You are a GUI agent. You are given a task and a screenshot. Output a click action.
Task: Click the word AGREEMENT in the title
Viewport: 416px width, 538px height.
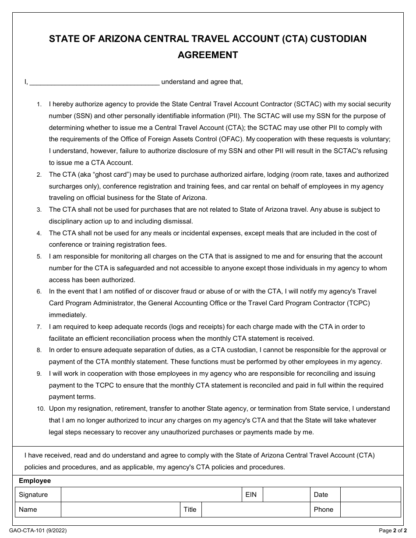point(208,55)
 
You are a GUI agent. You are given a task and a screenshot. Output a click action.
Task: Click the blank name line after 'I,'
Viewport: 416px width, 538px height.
point(95,82)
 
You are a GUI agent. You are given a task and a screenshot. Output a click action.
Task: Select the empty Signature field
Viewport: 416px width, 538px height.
point(151,495)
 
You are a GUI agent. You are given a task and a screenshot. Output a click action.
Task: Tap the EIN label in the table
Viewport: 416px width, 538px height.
point(251,495)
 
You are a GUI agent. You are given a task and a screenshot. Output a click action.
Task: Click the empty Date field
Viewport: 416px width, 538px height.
point(370,495)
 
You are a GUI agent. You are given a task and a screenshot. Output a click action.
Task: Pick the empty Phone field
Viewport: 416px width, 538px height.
point(370,510)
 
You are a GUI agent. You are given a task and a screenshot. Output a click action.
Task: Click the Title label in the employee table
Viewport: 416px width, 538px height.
point(190,510)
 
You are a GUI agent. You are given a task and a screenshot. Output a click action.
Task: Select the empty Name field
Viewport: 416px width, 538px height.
point(120,510)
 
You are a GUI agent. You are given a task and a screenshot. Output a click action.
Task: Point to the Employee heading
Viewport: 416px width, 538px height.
point(35,481)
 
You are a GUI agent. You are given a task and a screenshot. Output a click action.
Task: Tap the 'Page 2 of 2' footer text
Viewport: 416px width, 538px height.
point(392,531)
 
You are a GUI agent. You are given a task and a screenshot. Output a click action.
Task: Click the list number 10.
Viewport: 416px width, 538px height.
point(41,409)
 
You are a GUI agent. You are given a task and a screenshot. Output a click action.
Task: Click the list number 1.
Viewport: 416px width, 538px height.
point(39,105)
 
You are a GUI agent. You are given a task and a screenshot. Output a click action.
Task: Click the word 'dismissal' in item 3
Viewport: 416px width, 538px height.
point(178,221)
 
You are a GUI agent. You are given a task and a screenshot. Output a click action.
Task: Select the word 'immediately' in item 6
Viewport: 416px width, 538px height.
point(68,315)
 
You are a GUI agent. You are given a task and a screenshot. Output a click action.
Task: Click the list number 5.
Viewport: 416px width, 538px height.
point(39,257)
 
